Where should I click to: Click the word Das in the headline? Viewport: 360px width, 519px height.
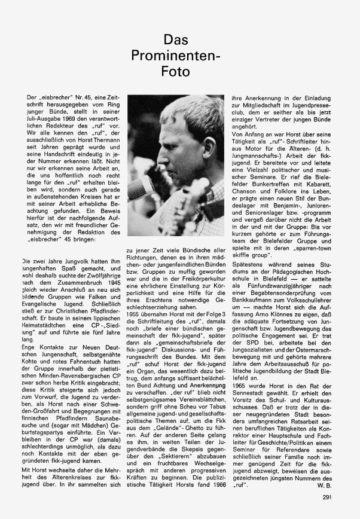(179, 40)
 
